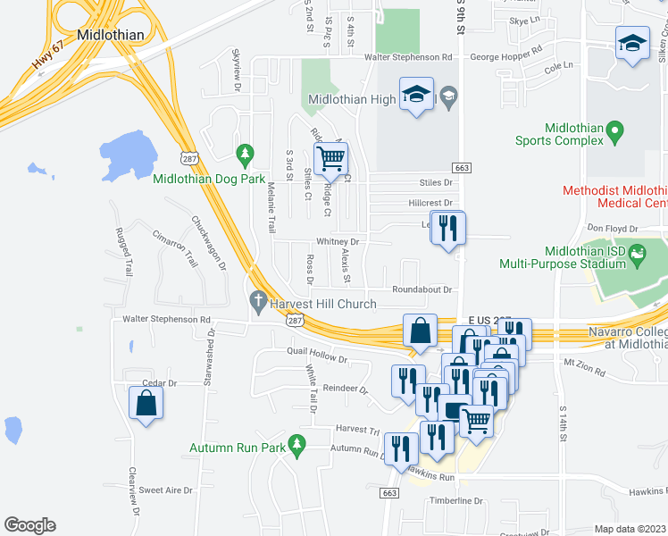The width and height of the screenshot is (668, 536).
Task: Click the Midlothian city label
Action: [111, 34]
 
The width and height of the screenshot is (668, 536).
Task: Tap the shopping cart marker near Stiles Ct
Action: [331, 159]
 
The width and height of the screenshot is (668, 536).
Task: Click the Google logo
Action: [29, 524]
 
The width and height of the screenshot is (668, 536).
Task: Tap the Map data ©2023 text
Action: [630, 529]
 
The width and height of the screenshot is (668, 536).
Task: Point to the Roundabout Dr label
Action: [422, 289]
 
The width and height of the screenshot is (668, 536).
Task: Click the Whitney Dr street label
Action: [337, 242]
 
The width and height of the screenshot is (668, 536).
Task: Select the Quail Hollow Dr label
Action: [316, 355]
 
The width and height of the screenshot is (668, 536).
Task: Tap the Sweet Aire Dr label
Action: [165, 490]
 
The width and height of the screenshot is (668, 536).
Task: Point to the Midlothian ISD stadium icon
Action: [638, 255]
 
